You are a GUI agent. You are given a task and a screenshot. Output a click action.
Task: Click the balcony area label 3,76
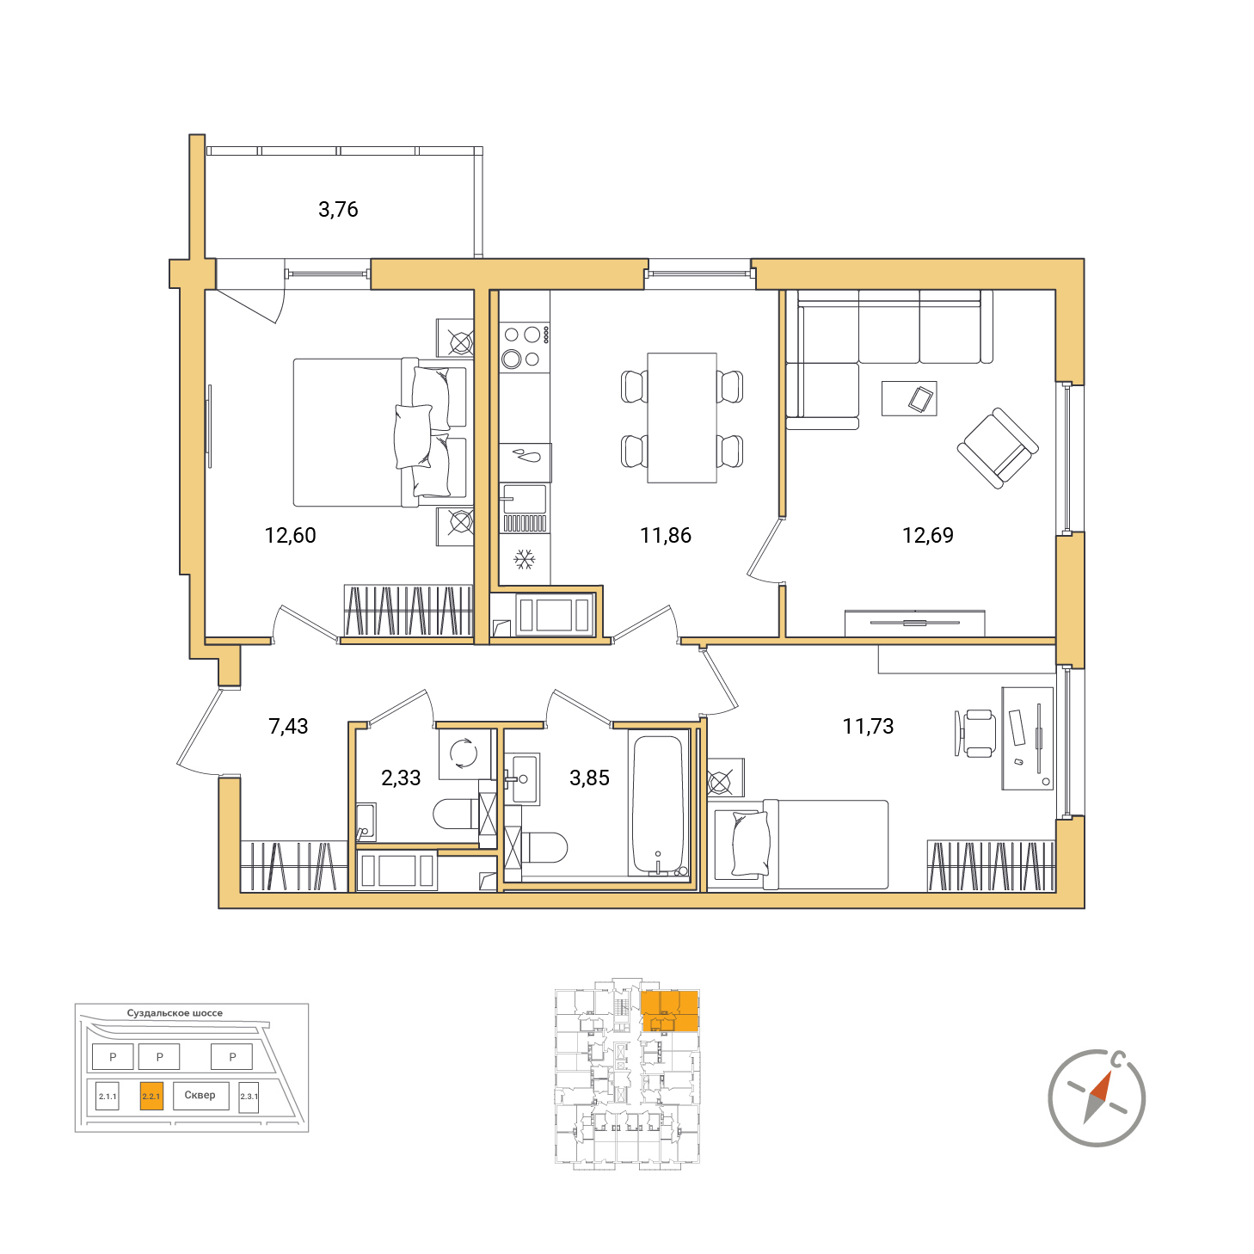tap(338, 210)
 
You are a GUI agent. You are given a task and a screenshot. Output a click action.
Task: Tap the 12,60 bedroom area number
tap(290, 535)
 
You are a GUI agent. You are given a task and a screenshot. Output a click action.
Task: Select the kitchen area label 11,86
tap(665, 535)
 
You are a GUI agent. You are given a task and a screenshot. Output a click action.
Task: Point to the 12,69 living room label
tap(927, 535)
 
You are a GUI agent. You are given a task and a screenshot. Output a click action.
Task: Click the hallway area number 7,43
tap(288, 726)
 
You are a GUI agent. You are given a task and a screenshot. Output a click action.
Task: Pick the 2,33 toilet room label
tap(401, 777)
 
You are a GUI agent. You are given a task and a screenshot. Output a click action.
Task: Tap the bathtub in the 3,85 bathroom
tap(659, 803)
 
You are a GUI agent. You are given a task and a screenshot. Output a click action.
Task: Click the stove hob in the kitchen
tap(524, 347)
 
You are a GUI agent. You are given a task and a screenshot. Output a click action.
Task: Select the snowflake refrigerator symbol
tap(525, 559)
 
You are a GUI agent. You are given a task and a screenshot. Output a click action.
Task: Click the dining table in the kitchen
tap(682, 418)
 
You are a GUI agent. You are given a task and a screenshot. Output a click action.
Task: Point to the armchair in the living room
tap(997, 448)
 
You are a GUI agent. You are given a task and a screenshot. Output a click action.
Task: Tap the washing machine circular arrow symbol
tap(464, 753)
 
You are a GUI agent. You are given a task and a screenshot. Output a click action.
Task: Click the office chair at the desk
tap(975, 734)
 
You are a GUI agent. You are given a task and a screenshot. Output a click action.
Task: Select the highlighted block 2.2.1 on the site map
tap(151, 1096)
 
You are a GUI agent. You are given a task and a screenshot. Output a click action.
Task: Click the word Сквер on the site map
tap(200, 1095)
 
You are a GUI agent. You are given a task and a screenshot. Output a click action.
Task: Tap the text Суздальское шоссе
tap(175, 1012)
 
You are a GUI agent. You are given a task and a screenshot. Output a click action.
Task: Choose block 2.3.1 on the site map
tap(249, 1097)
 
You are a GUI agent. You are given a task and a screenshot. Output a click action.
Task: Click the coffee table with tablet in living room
tap(909, 398)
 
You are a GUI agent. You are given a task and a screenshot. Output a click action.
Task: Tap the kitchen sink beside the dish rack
tap(523, 500)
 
